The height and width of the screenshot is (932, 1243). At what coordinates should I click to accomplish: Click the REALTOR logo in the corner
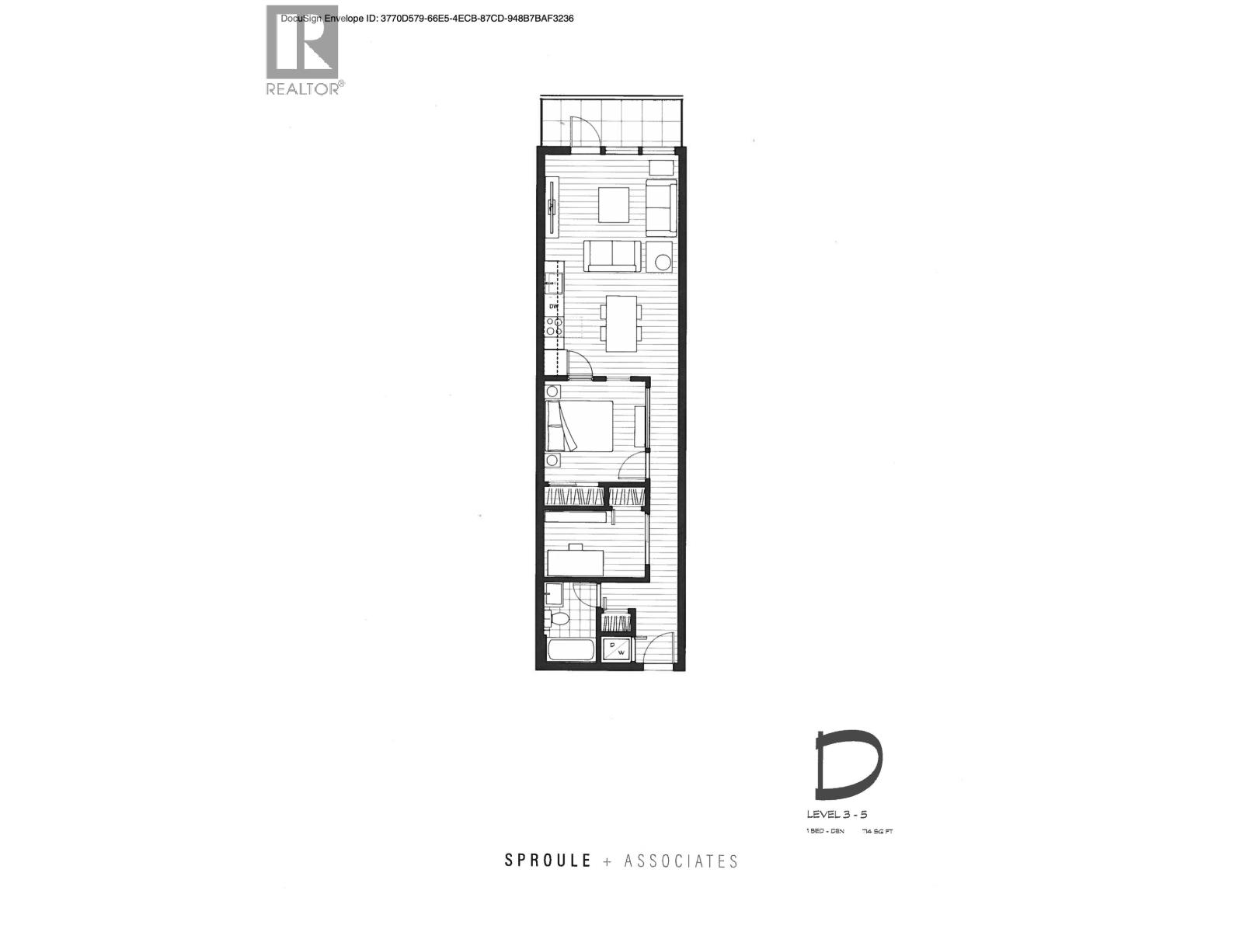[303, 50]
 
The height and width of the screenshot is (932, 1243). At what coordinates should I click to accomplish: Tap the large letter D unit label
[848, 766]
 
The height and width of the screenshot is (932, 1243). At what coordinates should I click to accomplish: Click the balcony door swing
[583, 130]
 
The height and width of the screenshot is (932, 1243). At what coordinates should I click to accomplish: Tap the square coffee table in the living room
[614, 204]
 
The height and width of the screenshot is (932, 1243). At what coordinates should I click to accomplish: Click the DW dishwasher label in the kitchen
[554, 307]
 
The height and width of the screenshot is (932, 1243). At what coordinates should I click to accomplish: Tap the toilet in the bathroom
[556, 618]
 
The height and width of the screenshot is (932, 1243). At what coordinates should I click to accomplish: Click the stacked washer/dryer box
[619, 649]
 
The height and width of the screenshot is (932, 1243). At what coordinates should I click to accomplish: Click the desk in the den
[576, 562]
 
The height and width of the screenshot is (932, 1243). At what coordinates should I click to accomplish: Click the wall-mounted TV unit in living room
[552, 207]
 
